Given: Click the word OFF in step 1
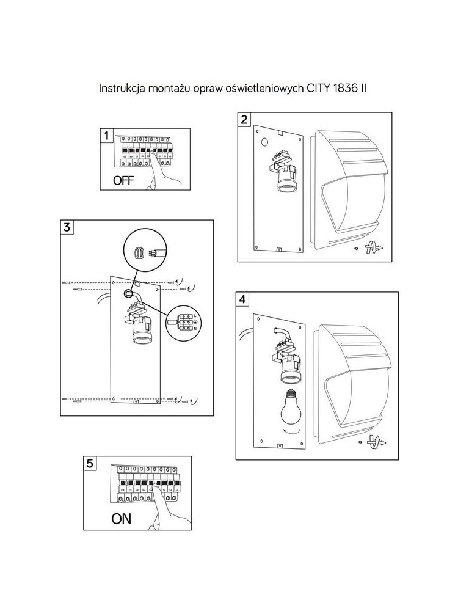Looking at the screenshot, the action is point(123,180).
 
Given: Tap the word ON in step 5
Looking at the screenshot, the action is point(121,519).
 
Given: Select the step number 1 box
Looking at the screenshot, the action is point(107,136).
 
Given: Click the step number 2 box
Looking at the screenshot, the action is point(244,119).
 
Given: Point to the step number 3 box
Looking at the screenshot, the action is point(67,227).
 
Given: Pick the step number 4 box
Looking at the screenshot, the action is point(242,299).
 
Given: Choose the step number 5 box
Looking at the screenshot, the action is point(90,463).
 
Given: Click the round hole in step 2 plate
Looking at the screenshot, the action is point(264,142).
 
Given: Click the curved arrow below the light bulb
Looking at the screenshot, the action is point(291,431).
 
